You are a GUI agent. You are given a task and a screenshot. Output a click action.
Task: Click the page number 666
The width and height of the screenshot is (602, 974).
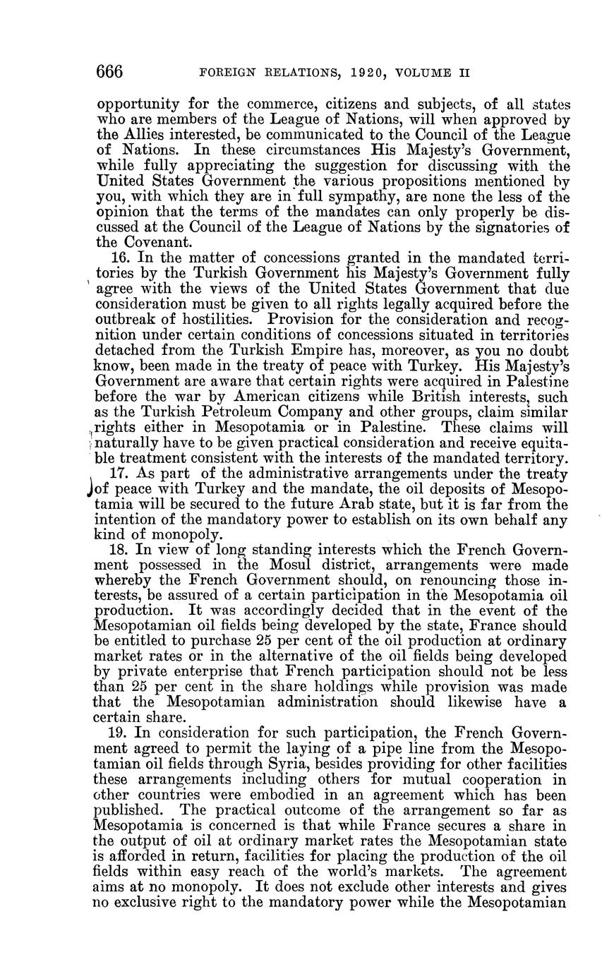click(110, 72)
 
